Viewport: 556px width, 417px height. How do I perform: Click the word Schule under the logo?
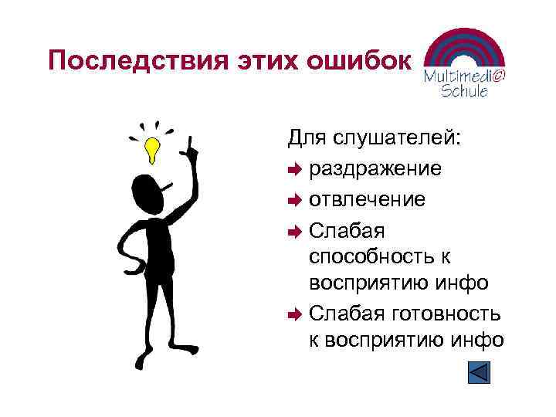tap(463, 91)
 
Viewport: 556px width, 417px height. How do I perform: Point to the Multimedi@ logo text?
tap(465, 76)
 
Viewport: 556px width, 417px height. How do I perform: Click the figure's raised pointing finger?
tap(189, 141)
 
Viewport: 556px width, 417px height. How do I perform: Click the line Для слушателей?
tap(375, 138)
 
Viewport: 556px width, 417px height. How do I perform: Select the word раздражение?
tap(375, 168)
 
